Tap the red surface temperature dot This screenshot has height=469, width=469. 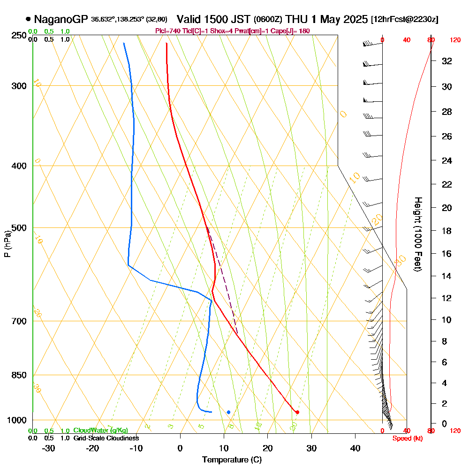[297, 412]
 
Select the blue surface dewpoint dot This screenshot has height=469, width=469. [228, 412]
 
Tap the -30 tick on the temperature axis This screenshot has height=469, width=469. [49, 448]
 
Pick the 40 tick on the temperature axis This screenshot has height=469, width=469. [355, 448]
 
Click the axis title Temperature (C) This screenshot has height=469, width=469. [232, 460]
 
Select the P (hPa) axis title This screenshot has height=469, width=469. [7, 243]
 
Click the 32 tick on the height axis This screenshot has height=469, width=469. [446, 61]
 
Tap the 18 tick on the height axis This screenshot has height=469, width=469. [446, 231]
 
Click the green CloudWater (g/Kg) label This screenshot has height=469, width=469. [100, 431]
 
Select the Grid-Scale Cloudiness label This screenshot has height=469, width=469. [106, 438]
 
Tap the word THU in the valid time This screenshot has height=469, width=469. [296, 19]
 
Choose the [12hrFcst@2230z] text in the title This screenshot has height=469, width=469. [404, 20]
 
